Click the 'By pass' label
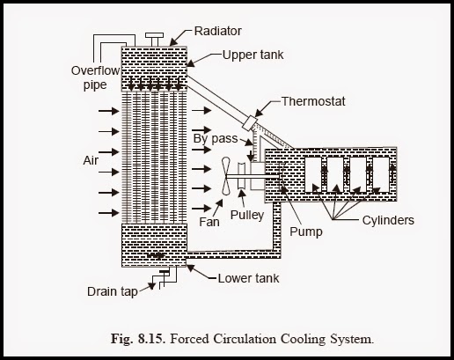215,139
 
